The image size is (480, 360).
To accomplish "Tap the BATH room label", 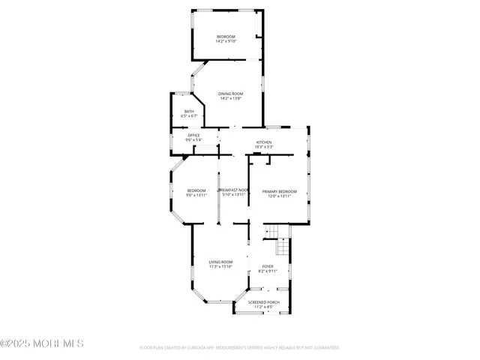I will [189, 112].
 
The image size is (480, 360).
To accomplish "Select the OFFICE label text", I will [193, 135].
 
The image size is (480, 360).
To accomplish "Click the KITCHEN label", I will [264, 142].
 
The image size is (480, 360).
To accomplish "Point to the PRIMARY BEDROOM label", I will [279, 191].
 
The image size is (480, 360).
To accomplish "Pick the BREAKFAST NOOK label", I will [233, 190].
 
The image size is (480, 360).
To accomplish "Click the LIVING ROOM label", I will [220, 262].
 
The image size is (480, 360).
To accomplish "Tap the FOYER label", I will [267, 266].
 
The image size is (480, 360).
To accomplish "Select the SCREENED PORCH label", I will [264, 302].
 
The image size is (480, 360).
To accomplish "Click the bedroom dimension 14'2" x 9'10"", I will [226, 41].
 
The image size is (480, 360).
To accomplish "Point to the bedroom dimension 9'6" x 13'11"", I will [196, 195].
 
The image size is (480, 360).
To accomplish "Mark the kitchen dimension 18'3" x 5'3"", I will [264, 146].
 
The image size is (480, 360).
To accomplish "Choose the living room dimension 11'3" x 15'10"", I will [220, 266].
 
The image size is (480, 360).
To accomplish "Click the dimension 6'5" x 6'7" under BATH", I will [189, 116].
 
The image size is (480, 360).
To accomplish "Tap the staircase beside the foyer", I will [283, 246].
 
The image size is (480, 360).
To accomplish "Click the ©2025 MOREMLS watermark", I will [42, 343].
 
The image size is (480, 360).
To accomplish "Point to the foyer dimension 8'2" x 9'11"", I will [268, 271].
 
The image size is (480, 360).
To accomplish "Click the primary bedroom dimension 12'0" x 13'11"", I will [279, 196].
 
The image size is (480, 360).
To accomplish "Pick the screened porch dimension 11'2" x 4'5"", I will [264, 307].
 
